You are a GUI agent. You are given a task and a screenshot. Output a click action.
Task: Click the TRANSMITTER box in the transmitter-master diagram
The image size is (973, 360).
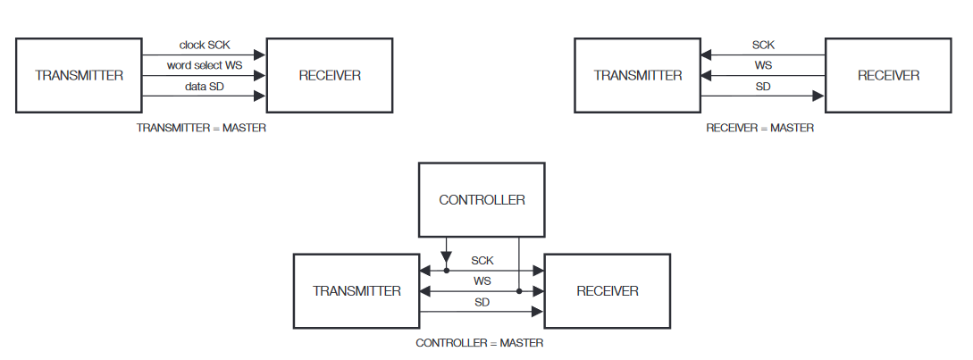79,76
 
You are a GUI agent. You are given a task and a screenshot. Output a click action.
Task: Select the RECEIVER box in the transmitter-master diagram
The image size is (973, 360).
330,76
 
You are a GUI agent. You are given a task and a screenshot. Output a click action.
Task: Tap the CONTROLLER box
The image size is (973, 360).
482,200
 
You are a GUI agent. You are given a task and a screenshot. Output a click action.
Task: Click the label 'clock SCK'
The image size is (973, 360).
205,44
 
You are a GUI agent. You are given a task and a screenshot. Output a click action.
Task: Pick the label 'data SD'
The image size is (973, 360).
205,86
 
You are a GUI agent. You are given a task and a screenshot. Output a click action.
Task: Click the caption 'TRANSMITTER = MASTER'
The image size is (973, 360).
201,128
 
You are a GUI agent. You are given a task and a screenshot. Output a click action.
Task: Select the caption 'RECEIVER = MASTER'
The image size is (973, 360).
759,128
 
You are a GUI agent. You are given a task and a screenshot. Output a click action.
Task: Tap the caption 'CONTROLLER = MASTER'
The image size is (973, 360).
480,343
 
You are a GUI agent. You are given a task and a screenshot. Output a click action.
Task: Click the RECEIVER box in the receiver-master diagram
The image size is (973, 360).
888,76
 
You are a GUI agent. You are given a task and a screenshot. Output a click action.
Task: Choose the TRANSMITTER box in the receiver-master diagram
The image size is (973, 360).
637,76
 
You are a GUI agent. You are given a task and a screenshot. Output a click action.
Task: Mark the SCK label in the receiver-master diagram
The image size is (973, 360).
763,45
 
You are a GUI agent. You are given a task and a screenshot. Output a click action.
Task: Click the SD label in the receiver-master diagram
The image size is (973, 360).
763,87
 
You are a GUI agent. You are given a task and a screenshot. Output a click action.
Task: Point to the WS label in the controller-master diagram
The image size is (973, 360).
482,281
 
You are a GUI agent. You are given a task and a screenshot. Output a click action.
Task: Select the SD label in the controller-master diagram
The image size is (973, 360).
482,302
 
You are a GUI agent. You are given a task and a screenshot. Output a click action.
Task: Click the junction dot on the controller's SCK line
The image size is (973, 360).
446,270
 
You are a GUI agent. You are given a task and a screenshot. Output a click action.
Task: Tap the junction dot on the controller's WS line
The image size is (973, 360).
519,290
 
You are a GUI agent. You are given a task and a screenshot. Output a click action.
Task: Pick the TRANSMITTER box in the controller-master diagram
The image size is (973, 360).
356,291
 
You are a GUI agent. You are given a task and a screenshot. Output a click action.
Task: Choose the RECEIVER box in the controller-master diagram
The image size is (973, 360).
608,291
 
